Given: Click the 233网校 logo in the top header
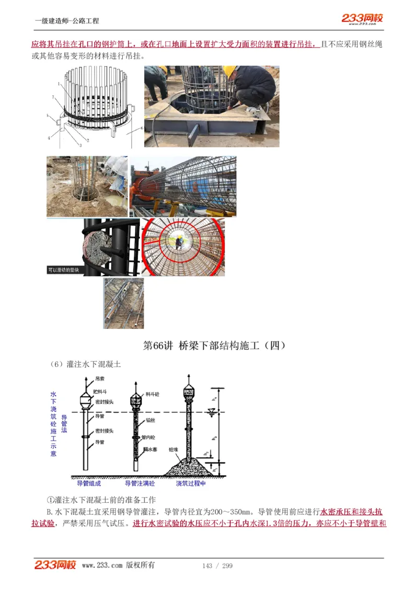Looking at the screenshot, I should [x=362, y=18].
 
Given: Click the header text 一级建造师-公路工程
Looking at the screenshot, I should [x=67, y=21].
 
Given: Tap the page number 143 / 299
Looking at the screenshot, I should [x=217, y=565].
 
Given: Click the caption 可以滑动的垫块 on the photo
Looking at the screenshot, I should [x=64, y=270].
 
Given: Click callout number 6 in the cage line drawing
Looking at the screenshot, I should [x=141, y=127].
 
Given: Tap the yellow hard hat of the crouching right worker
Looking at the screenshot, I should [x=229, y=70].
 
